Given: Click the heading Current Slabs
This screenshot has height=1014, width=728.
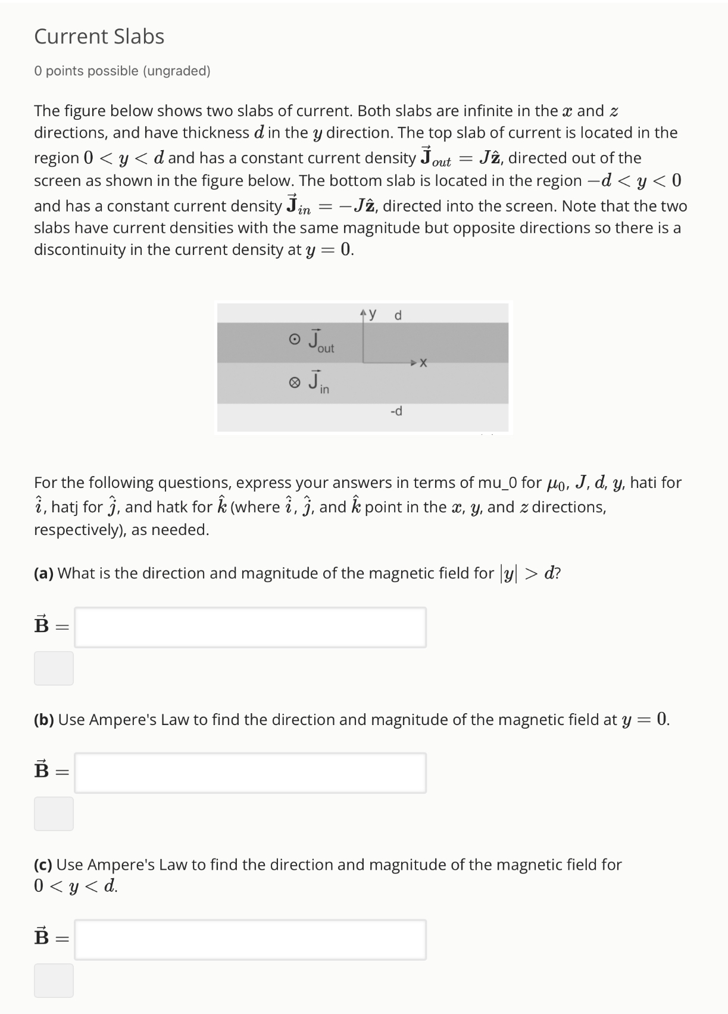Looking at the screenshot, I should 99,36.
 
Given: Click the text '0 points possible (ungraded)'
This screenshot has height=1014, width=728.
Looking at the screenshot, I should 122,71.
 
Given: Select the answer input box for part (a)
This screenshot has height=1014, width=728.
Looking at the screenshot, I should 250,627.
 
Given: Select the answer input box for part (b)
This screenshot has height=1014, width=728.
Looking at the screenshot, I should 250,773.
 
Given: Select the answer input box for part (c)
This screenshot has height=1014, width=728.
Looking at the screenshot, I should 250,940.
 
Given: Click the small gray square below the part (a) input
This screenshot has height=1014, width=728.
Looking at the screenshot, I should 54,668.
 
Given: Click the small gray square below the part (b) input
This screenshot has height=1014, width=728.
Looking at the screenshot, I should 54,813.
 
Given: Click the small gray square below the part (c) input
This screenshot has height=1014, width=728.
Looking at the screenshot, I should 54,980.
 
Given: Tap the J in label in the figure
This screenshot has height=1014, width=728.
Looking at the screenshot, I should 318,382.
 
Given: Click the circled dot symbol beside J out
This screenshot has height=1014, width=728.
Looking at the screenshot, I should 294,340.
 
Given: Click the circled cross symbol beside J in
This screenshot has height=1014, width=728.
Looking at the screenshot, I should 294,382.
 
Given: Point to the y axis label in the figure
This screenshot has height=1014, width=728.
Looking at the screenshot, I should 373,313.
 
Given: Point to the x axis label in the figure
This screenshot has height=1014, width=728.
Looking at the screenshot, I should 423,363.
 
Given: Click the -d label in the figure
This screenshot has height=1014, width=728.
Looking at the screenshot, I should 396,411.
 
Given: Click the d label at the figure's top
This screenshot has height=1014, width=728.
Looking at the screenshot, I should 398,315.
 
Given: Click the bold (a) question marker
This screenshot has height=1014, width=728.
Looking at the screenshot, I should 43,573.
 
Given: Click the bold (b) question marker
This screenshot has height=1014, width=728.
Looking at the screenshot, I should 44,720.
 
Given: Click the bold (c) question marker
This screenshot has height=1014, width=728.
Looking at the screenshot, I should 43,864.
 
